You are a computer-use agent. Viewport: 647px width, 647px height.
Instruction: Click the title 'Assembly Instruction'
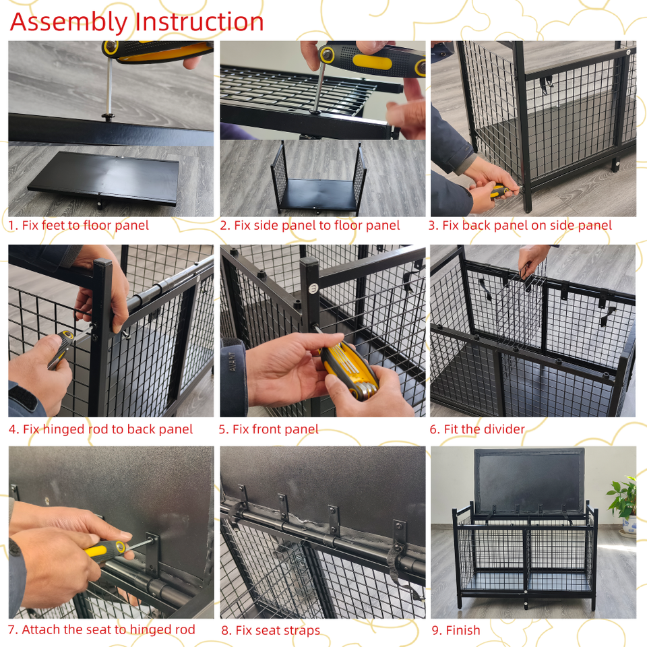[137, 22]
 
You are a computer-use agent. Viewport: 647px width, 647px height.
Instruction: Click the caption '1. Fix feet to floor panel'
[78, 225]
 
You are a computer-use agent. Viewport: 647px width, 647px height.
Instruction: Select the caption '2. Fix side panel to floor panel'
[310, 225]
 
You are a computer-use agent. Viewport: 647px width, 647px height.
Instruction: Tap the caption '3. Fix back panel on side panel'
[520, 225]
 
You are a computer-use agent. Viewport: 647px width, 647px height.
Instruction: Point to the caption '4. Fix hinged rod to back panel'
[100, 429]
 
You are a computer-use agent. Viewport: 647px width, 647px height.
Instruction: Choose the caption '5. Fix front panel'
[269, 429]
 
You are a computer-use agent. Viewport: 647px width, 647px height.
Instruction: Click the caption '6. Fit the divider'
[477, 429]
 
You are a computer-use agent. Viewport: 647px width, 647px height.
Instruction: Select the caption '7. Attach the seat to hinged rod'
[102, 629]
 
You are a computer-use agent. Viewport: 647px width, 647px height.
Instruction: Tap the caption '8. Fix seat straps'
[271, 630]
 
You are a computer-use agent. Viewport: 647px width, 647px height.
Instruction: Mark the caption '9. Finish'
[456, 630]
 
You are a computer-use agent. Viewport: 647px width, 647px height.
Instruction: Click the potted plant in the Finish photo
[623, 505]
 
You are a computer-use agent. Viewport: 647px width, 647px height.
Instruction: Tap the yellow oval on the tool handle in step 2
[372, 61]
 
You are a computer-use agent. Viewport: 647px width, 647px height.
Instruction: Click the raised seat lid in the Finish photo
[530, 481]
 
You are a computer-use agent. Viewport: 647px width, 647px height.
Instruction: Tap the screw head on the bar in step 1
[109, 117]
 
